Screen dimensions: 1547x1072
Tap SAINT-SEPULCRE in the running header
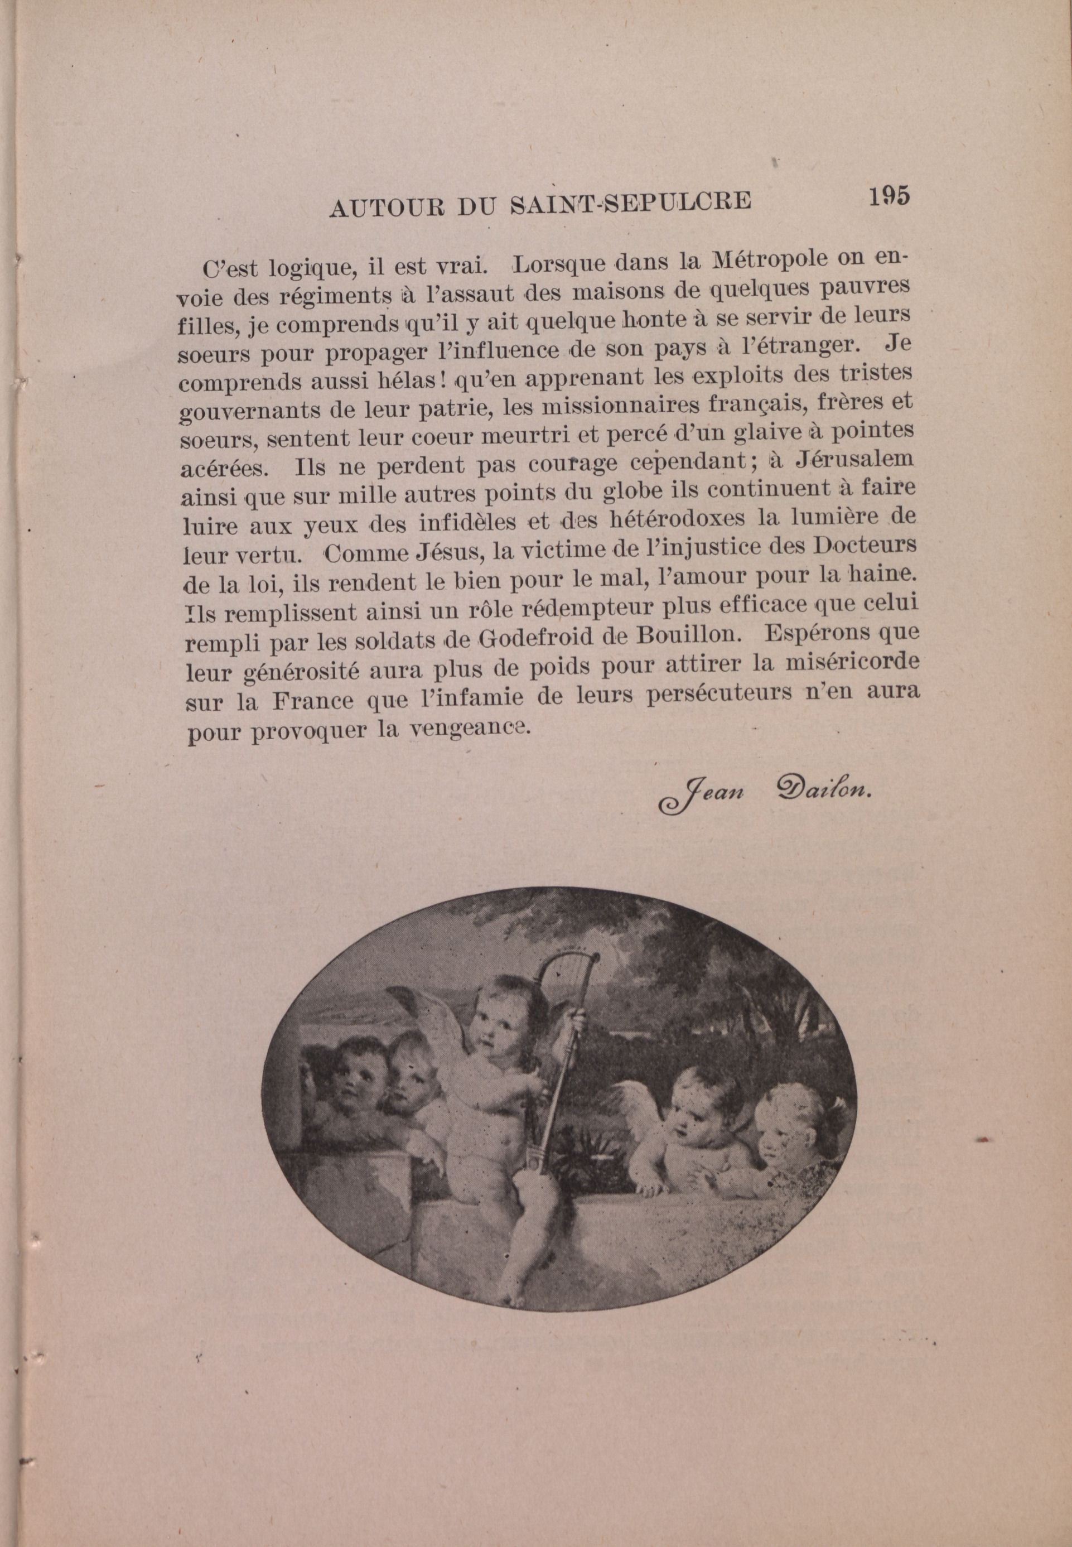[630, 203]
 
